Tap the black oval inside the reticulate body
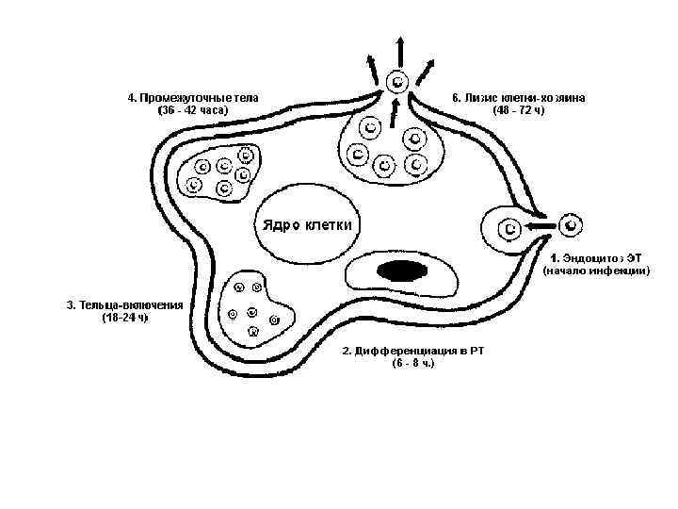tap(399, 271)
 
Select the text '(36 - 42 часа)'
tap(193, 110)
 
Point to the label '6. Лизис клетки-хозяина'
tap(519, 97)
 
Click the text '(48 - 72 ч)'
tap(519, 110)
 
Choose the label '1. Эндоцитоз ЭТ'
tap(595, 256)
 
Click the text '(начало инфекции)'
tap(595, 271)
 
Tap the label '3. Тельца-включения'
tap(124, 304)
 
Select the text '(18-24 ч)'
tap(124, 318)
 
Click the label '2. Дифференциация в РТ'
tap(413, 351)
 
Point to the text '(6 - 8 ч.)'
tap(413, 363)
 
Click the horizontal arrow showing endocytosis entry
tap(540, 227)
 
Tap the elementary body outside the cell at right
tap(572, 225)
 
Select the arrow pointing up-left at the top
tap(373, 66)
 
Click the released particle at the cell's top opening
tap(398, 81)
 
